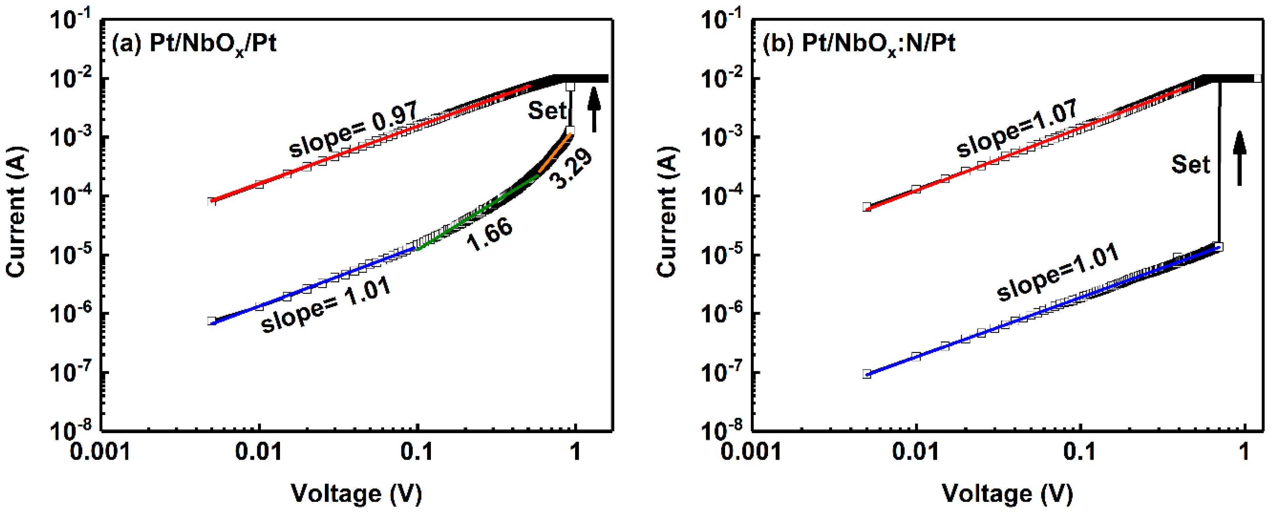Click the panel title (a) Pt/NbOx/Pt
[x=194, y=45]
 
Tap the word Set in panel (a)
[x=546, y=110]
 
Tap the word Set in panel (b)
[x=1190, y=164]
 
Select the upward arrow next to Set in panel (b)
[x=1239, y=158]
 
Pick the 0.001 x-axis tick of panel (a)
[x=100, y=452]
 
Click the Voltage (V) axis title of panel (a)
[x=356, y=494]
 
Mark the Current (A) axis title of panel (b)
[x=667, y=212]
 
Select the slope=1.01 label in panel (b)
[x=1058, y=272]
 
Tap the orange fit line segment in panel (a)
[x=555, y=154]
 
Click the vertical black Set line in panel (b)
[x=1220, y=164]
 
